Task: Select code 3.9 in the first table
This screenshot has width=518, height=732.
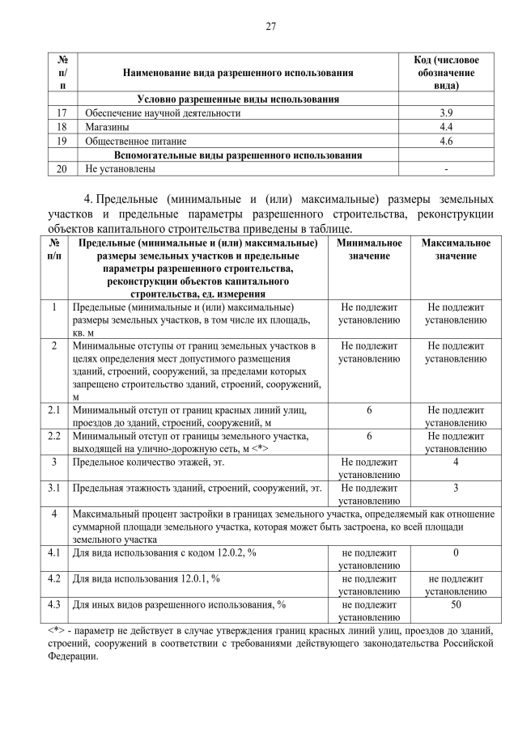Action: coord(444,113)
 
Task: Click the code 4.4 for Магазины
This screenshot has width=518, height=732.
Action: coord(444,127)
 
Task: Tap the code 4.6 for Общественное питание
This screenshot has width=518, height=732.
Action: coord(444,141)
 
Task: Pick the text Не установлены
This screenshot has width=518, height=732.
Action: coord(120,169)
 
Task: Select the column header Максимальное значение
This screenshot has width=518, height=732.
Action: coord(456,249)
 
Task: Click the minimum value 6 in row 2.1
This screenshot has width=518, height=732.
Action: coord(369,411)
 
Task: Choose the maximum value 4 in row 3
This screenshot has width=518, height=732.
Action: coord(456,462)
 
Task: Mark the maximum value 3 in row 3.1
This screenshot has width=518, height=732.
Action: coord(456,488)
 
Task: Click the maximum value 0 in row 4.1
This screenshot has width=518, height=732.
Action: coord(456,552)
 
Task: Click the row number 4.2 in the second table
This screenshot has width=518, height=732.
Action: coord(54,578)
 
